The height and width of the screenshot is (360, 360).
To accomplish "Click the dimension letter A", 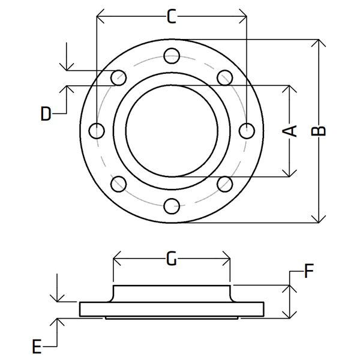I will pyautogui.click(x=290, y=131).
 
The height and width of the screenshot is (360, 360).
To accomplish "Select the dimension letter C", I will pyautogui.click(x=172, y=17).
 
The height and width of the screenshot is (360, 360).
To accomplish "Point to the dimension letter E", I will pyautogui.click(x=38, y=346).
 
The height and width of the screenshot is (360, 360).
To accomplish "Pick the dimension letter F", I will pyautogui.click(x=309, y=272).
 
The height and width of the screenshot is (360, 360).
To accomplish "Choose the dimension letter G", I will pyautogui.click(x=172, y=259).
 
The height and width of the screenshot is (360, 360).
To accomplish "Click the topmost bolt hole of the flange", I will pyautogui.click(x=172, y=55).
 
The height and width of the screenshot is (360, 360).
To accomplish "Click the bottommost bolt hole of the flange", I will pyautogui.click(x=172, y=205).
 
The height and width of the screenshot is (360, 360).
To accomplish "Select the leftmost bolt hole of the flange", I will pyautogui.click(x=96, y=130).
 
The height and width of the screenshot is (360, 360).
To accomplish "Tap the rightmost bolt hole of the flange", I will pyautogui.click(x=247, y=130).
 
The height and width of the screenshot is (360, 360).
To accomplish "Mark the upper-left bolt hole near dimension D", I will pyautogui.click(x=118, y=77).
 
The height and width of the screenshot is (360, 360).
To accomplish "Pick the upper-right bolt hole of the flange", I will pyautogui.click(x=225, y=77).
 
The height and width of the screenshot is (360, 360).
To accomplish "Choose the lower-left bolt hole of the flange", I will pyautogui.click(x=118, y=184).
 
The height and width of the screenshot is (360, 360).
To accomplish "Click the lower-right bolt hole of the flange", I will pyautogui.click(x=225, y=184).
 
